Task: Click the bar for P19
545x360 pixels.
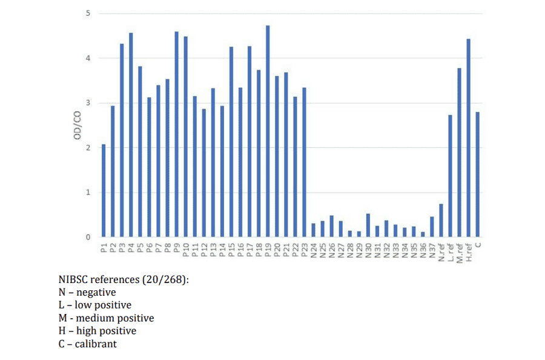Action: click(268, 131)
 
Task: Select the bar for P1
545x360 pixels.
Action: click(104, 190)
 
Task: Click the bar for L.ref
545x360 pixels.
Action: click(450, 176)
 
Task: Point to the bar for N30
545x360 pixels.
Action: click(368, 225)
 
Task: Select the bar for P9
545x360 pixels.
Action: click(176, 134)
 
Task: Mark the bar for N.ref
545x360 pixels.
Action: click(441, 221)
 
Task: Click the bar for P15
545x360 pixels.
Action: click(231, 142)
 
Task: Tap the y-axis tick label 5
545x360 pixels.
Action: click(88, 13)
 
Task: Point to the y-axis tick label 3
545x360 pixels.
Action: click(88, 103)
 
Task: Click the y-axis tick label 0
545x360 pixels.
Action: click(88, 237)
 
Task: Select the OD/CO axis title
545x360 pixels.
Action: click(78, 125)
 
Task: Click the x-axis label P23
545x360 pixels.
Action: click(304, 249)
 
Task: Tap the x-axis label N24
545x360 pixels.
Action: click(313, 249)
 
